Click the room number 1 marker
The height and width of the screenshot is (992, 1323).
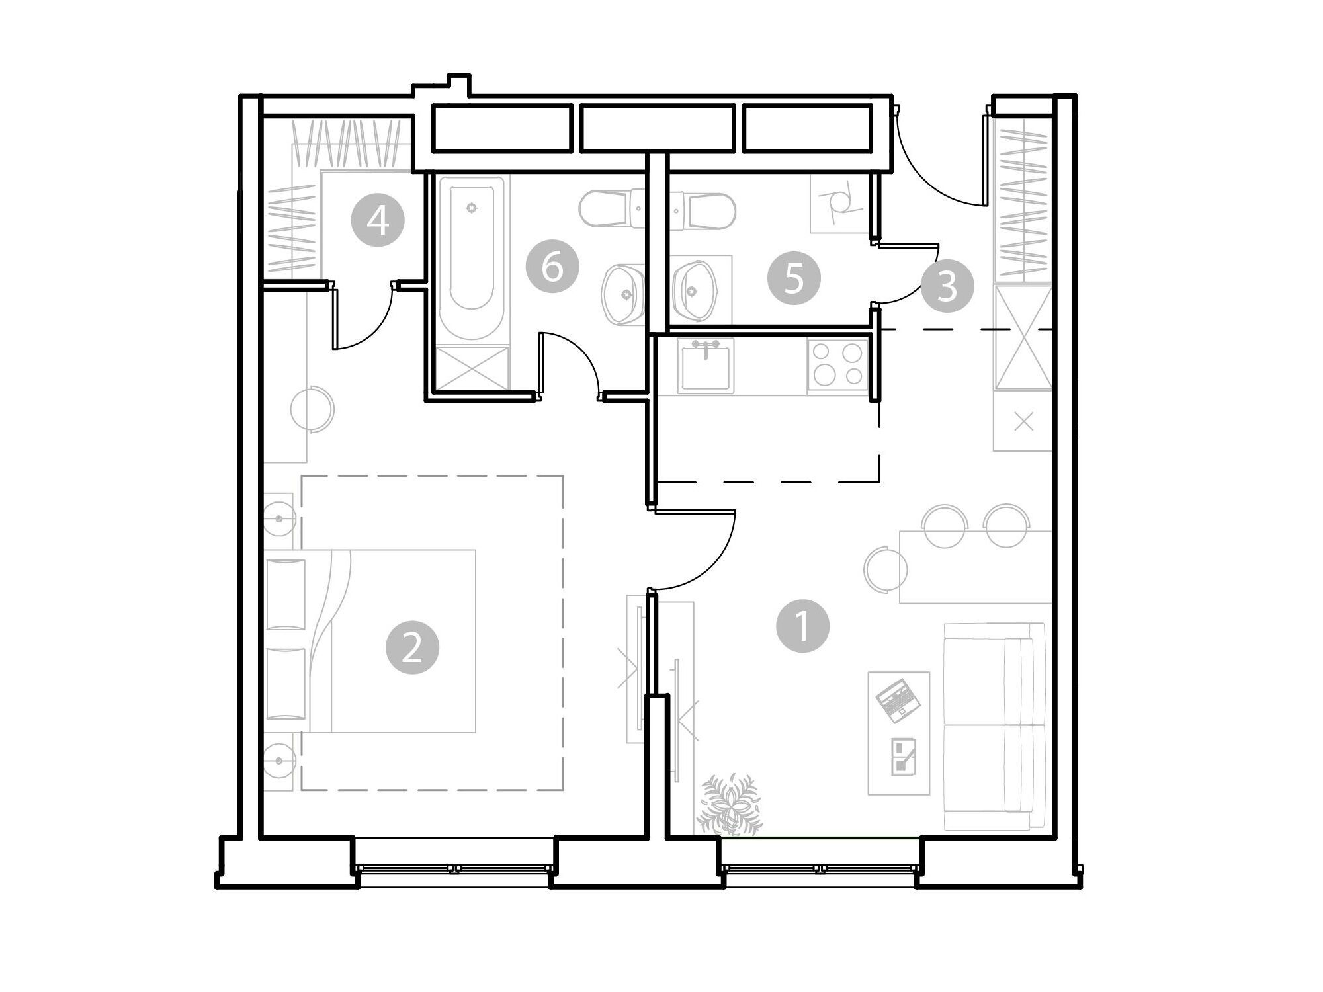click(802, 626)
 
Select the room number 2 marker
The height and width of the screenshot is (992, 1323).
click(413, 647)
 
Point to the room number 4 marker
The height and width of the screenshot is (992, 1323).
click(378, 220)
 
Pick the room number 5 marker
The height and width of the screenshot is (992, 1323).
click(794, 278)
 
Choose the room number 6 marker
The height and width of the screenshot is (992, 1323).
click(552, 268)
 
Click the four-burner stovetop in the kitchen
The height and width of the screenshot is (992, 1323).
click(837, 364)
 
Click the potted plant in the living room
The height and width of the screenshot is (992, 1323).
click(729, 804)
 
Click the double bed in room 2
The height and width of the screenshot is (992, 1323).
click(370, 641)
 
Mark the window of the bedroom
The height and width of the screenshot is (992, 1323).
click(454, 868)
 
